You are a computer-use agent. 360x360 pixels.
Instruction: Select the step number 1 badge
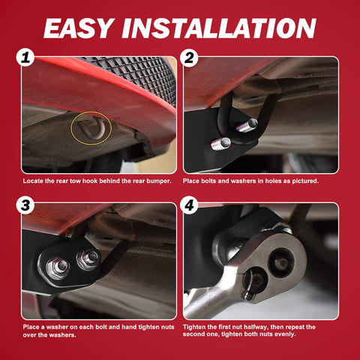[x=28, y=58]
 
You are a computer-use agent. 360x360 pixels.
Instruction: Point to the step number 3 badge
[x=28, y=205]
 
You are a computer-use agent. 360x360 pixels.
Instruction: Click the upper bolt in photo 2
[x=250, y=123]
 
